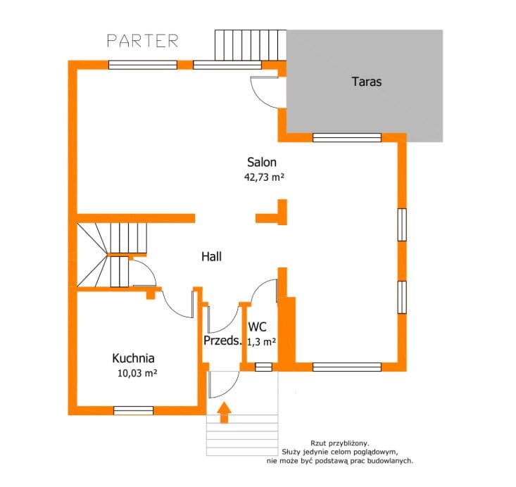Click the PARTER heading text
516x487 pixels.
click(x=142, y=41)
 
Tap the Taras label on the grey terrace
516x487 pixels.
click(x=367, y=81)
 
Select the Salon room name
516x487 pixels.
click(x=262, y=162)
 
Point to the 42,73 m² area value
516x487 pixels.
click(x=264, y=177)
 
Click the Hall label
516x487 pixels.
click(x=211, y=256)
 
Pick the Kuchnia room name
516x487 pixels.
click(x=133, y=358)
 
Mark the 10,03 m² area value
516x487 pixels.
click(x=137, y=373)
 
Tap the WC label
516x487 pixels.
click(x=258, y=327)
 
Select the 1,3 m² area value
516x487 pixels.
click(x=261, y=342)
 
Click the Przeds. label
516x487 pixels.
click(x=222, y=341)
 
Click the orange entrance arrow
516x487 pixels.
click(x=224, y=412)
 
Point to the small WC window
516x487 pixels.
click(x=263, y=367)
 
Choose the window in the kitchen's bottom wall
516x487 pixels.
click(x=133, y=410)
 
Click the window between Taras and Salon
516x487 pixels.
click(x=347, y=137)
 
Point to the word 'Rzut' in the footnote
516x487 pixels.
click(x=318, y=443)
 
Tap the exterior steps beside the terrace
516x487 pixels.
click(x=251, y=45)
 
